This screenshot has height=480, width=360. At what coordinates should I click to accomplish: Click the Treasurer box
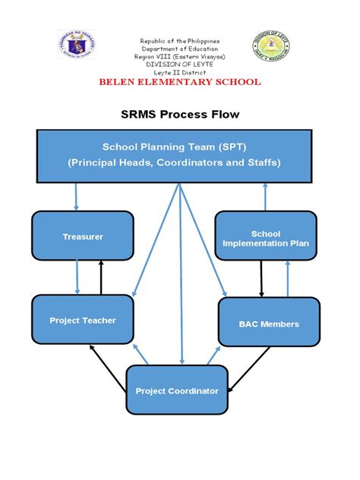(x=82, y=236)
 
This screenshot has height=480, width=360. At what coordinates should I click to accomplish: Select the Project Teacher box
(x=82, y=321)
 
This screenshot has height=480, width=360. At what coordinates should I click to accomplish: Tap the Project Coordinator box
(x=176, y=391)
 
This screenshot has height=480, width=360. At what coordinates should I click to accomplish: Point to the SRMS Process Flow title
(x=180, y=115)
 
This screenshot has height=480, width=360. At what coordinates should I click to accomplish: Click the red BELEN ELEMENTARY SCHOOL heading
(x=180, y=82)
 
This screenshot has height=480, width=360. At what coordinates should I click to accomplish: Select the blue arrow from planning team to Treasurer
(x=76, y=197)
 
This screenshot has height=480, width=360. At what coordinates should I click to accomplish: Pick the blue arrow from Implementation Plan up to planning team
(x=265, y=197)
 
